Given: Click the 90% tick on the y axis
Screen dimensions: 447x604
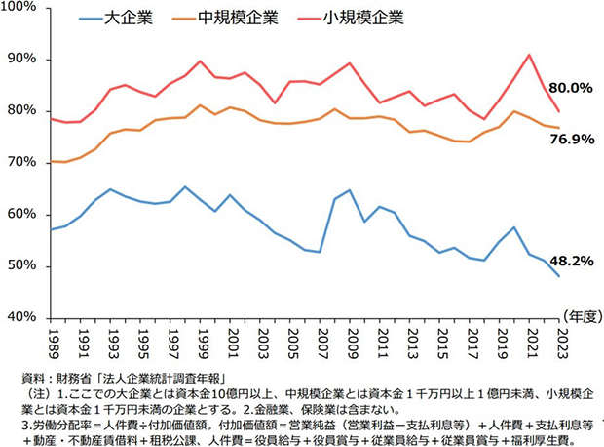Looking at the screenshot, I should coord(24,60).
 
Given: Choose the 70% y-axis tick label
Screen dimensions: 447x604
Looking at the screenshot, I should coord(24,163).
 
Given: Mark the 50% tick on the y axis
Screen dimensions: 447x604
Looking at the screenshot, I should coord(24,266).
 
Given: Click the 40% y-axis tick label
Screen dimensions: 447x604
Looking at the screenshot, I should coord(24,318).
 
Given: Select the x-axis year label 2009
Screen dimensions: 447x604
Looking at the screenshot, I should coord(349,343).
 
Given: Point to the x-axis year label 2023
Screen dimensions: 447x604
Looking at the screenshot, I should coord(558,343).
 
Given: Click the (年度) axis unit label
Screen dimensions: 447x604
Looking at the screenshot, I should coord(578,315).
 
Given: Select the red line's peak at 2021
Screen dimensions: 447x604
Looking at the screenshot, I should coord(528,55).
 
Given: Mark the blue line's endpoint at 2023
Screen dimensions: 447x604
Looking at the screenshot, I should coord(558,276).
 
